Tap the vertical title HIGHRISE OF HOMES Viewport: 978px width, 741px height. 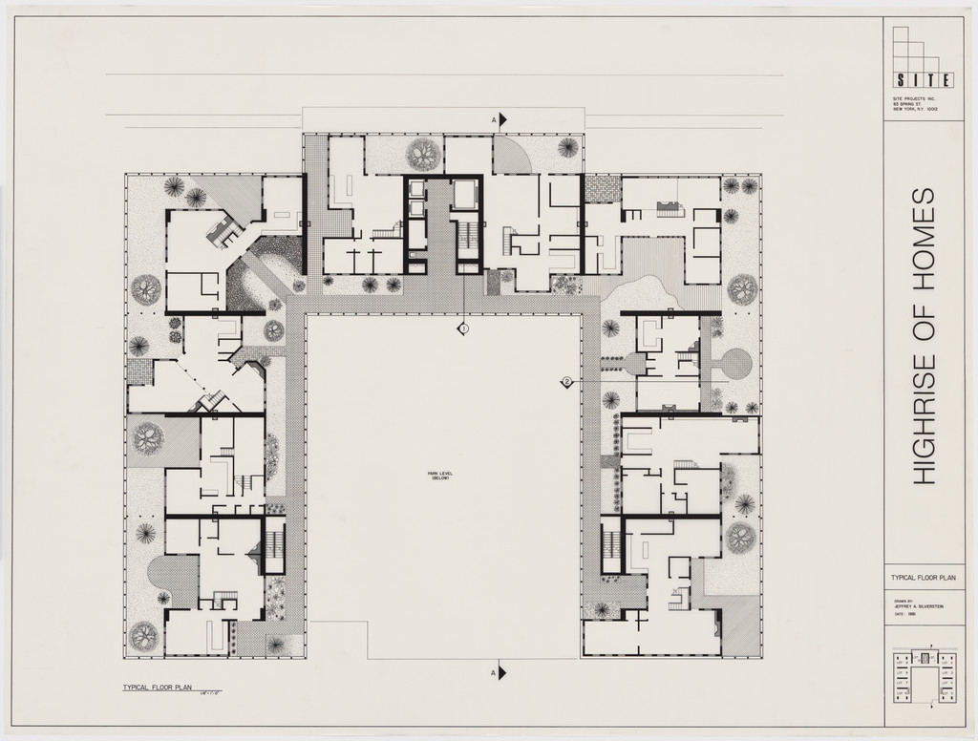(x=922, y=336)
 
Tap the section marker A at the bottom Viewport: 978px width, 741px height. (x=499, y=673)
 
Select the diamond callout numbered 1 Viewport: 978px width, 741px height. (x=463, y=328)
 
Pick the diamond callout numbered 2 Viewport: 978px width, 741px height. (x=566, y=382)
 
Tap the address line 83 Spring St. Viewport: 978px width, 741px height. (x=906, y=106)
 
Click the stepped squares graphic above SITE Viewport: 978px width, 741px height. (x=919, y=48)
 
